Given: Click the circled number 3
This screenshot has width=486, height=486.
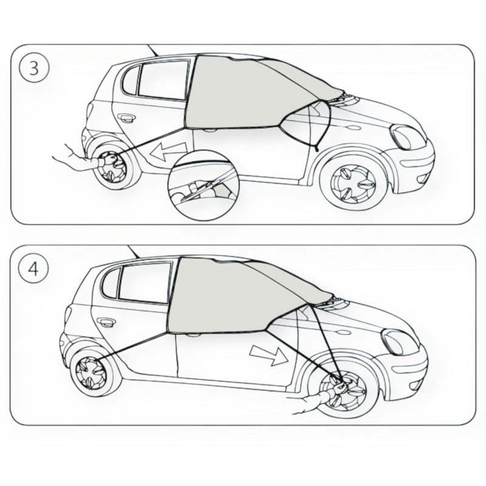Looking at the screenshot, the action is (x=34, y=68).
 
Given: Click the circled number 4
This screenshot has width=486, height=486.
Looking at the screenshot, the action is (x=33, y=269).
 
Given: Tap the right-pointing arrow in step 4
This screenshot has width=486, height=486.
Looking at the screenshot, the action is (x=269, y=355).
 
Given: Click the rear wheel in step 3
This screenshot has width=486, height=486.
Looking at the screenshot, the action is (x=114, y=165).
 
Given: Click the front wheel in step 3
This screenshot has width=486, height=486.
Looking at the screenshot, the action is (x=354, y=182).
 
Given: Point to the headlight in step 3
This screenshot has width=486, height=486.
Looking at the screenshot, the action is (x=408, y=137).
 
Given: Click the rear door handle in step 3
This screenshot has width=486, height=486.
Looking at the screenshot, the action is (x=126, y=117).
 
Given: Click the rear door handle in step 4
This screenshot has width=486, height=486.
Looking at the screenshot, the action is (x=106, y=323).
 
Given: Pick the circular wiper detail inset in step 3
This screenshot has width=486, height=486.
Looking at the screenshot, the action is (x=204, y=186).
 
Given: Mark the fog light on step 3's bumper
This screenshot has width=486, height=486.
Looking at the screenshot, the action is (x=422, y=179).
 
